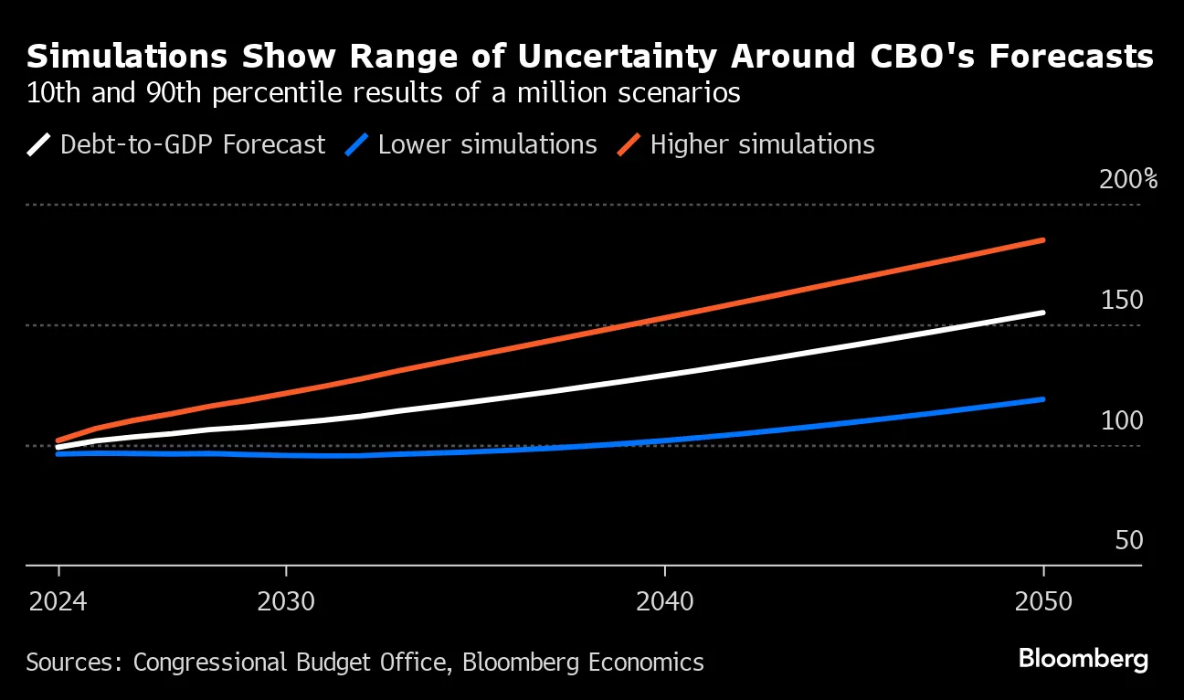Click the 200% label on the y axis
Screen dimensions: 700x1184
1127,178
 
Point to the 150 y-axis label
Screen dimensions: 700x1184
1122,300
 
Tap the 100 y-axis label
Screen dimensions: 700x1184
1122,420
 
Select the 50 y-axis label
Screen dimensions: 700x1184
1129,541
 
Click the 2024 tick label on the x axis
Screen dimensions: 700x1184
58,602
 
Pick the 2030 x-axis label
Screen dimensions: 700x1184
286,602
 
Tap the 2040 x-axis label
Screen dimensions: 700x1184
665,602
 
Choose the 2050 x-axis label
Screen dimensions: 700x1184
1042,602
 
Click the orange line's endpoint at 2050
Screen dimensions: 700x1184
1042,240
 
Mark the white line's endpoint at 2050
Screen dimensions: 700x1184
1042,313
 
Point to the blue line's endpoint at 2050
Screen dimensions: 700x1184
1042,399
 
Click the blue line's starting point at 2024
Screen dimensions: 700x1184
58,453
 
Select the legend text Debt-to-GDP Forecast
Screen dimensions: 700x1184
192,144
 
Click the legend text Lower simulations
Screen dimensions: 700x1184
487,144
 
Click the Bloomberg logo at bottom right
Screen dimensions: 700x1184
1083,659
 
